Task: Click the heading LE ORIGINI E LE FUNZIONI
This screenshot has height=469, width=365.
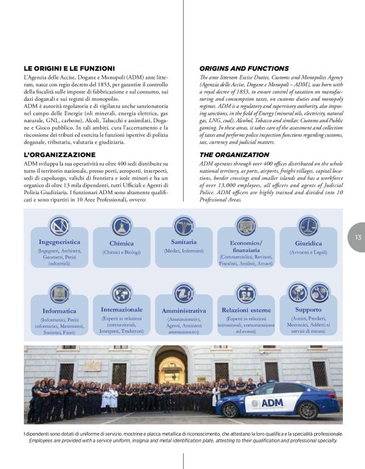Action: point(69,68)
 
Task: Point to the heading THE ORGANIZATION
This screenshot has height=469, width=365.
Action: point(234,154)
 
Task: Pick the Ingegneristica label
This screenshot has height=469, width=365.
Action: point(59,242)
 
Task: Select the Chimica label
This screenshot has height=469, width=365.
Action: point(121,243)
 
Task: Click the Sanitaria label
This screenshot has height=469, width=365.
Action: point(184,242)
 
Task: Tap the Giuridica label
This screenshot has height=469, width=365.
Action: point(308,243)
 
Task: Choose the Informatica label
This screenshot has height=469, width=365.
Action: point(59,311)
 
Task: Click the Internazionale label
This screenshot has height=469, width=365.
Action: point(121,310)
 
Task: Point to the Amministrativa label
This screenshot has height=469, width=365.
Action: point(184,311)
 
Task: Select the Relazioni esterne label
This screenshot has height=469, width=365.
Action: point(246,310)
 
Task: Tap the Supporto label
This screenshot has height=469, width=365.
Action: point(308,310)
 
